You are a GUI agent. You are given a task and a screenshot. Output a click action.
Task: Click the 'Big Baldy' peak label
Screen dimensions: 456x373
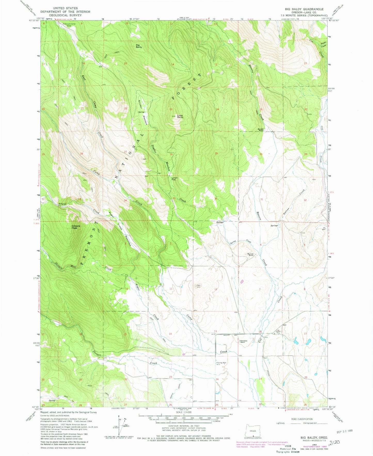click(139, 46)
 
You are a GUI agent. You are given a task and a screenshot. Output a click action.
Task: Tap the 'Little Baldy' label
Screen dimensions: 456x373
click(180, 116)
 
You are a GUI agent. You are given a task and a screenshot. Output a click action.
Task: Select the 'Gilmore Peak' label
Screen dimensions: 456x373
click(76, 227)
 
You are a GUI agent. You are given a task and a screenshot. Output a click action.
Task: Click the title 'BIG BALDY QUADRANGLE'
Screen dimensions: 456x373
click(304, 9)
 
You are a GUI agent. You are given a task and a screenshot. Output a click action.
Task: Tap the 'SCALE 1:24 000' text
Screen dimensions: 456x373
click(184, 412)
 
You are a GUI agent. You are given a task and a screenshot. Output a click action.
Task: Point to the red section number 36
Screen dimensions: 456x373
click(216, 198)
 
